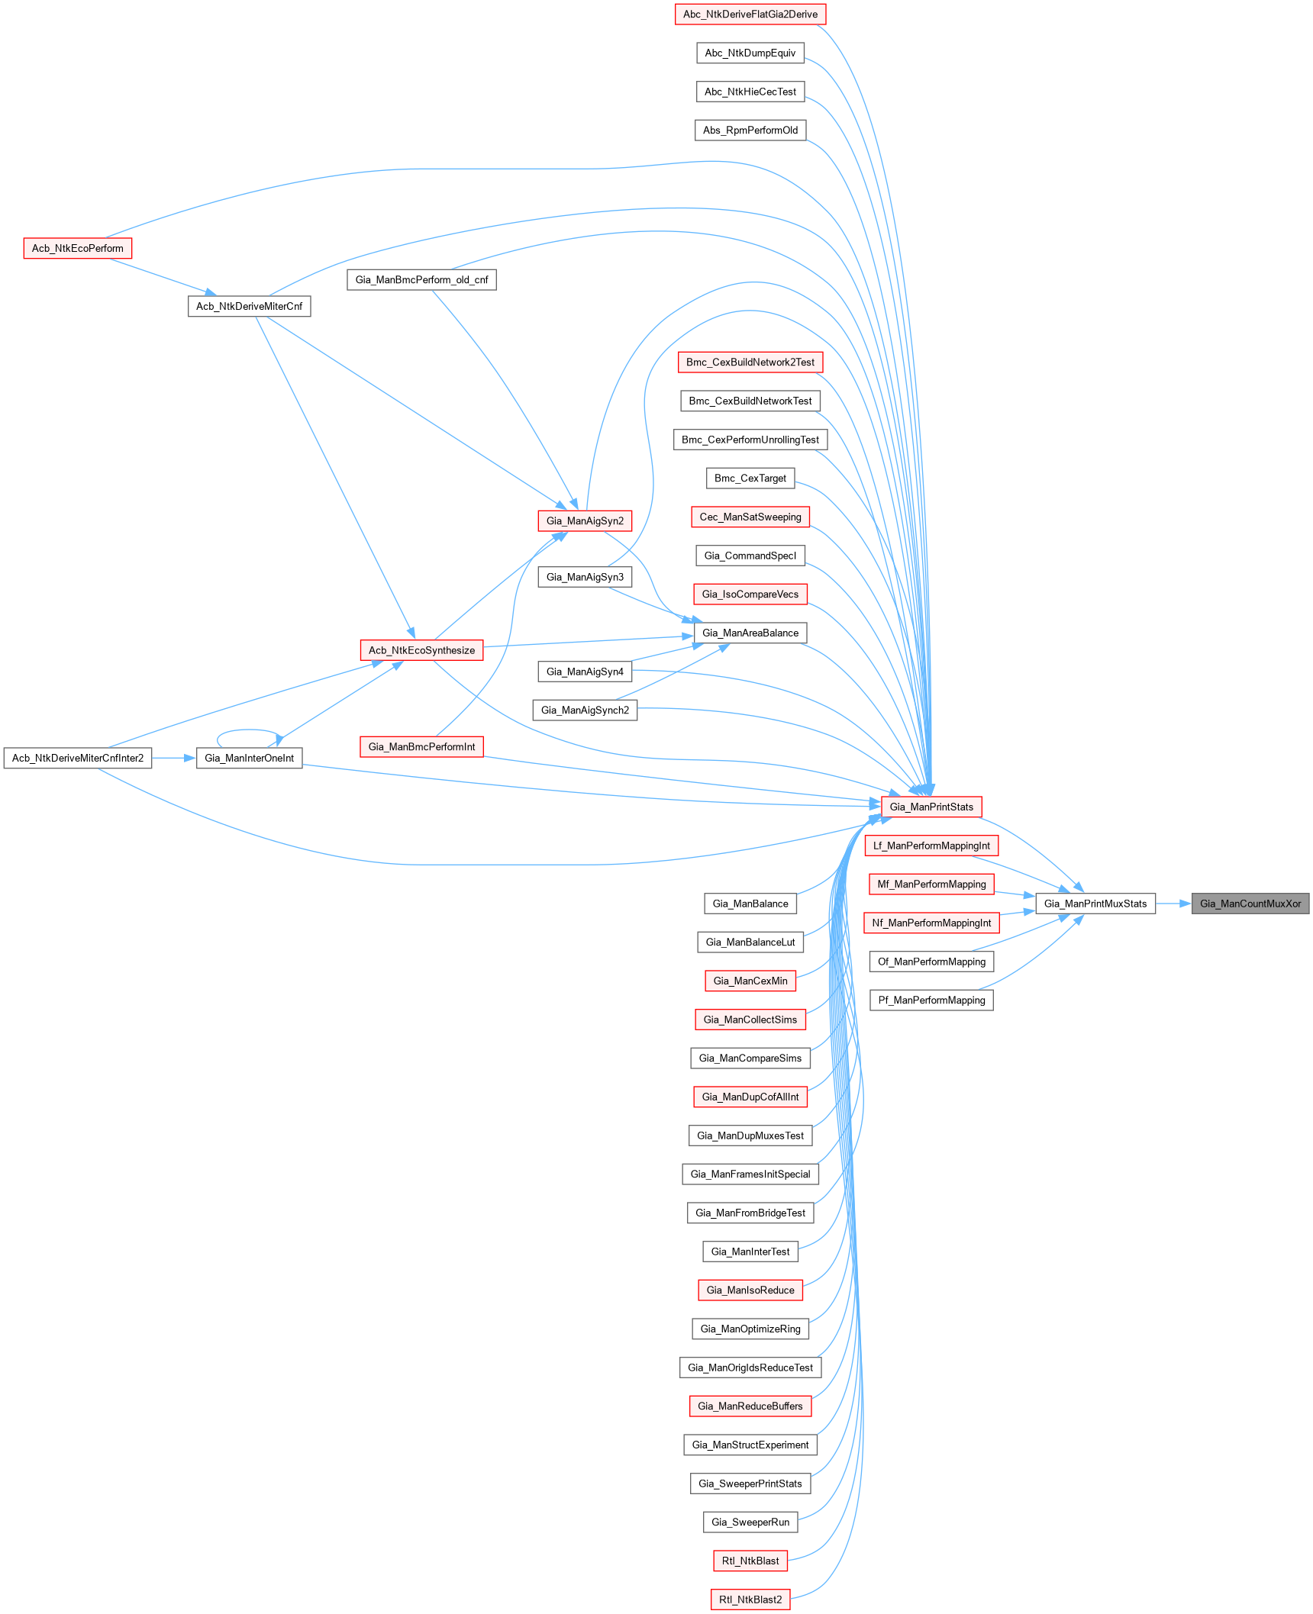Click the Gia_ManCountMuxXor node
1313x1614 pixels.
point(1250,904)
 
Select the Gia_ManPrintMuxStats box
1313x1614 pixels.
point(1095,904)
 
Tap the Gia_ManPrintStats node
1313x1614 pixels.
point(931,807)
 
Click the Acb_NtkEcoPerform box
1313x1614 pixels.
point(77,248)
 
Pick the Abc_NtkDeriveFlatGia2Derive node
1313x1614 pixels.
point(750,14)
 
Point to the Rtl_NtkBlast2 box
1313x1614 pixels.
point(750,1600)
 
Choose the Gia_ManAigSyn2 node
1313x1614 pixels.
point(585,521)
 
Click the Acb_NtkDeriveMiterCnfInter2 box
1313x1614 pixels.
point(78,758)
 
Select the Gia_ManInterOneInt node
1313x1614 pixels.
point(249,758)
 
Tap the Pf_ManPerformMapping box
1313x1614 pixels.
point(931,1000)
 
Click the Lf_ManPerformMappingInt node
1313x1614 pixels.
point(931,846)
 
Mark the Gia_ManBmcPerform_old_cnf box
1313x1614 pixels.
point(421,280)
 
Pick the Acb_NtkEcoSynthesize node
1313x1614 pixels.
point(421,650)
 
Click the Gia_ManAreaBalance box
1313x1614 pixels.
point(750,633)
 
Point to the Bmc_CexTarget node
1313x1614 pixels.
point(750,478)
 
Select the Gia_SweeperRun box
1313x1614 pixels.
point(750,1522)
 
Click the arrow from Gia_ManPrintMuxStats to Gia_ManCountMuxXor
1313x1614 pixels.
point(1173,904)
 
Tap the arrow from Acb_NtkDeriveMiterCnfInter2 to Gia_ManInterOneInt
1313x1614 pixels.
point(174,758)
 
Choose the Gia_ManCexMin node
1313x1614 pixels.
point(750,981)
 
